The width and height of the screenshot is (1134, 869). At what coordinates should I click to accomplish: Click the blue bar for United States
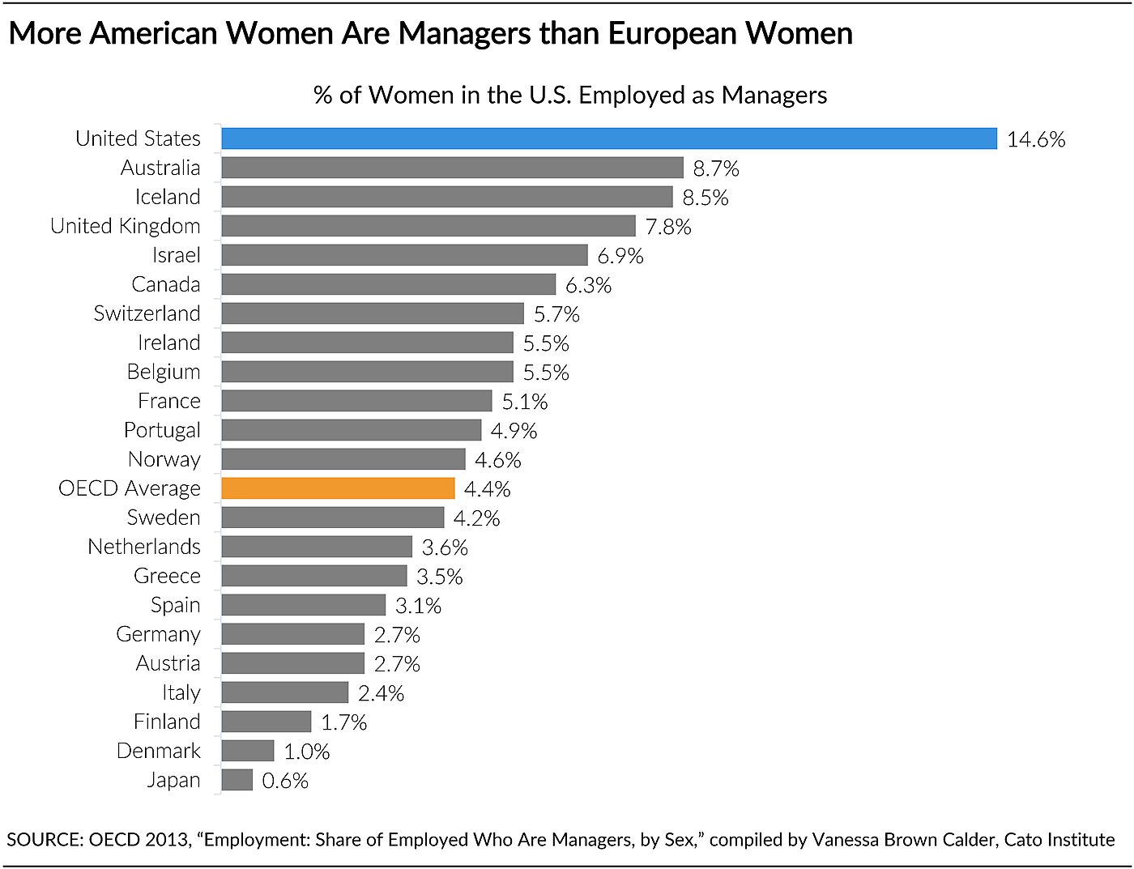pos(608,138)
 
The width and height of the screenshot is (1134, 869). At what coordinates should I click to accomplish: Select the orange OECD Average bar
pos(338,488)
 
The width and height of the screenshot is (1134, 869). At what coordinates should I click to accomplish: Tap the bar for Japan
pos(237,780)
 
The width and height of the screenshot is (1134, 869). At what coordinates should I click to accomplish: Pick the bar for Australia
pos(452,168)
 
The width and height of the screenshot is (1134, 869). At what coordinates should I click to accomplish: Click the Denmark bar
pos(247,751)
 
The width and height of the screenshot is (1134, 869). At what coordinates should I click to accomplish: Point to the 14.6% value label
pos(1035,139)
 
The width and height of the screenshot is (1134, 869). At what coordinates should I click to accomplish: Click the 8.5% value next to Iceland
pos(705,198)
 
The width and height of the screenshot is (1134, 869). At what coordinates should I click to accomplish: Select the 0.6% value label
pos(285,781)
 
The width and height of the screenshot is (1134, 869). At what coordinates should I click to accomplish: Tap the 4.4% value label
pos(487,489)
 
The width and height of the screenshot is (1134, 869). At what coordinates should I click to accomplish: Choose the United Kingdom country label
pos(125,226)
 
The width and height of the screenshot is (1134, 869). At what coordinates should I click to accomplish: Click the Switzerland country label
pos(147,313)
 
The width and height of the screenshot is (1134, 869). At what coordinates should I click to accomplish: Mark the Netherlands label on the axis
pos(143,547)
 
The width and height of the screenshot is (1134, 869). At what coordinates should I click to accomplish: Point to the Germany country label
pos(158,634)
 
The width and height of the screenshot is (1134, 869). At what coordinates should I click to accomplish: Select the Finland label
pos(167,722)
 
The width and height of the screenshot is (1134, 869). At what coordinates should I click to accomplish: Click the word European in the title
pos(672,33)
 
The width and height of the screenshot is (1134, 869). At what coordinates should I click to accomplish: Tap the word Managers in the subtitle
pos(774,96)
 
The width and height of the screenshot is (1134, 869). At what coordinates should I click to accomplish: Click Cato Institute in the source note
pos(1059,840)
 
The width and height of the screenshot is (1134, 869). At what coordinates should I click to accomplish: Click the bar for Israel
pos(404,255)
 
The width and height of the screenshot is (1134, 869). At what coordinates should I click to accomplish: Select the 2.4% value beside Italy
pos(381,693)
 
